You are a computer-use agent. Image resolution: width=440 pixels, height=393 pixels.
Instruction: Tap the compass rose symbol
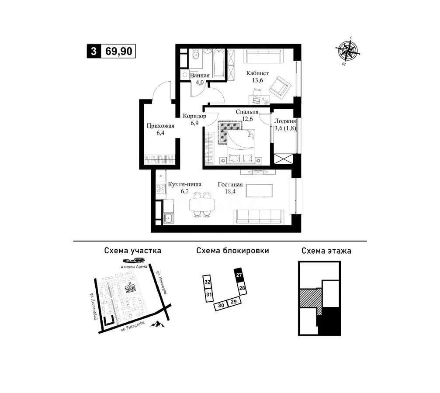pyautogui.click(x=349, y=52)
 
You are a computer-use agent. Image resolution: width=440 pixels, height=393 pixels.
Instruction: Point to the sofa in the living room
pyautogui.click(x=259, y=216)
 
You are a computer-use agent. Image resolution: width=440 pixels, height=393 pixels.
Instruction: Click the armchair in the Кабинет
pyautogui.click(x=278, y=86)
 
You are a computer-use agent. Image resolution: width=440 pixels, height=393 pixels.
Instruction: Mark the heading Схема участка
pyautogui.click(x=132, y=251)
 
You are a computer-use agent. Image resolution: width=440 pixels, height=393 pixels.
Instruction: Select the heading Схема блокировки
pyautogui.click(x=232, y=251)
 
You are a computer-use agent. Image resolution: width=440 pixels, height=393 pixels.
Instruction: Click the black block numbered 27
pyautogui.click(x=239, y=275)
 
